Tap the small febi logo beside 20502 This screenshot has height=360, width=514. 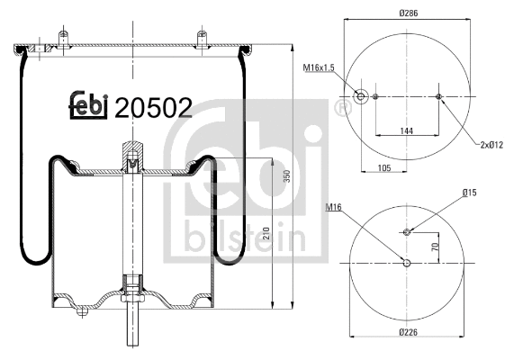88,106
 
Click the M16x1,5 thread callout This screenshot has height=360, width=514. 317,67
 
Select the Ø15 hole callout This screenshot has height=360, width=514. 469,193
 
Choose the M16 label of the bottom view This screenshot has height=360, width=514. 333,208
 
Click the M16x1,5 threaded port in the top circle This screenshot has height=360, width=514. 361,97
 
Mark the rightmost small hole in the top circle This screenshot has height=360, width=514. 438,97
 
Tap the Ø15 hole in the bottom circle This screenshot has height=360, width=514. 407,232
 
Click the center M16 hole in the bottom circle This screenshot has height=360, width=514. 407,263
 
